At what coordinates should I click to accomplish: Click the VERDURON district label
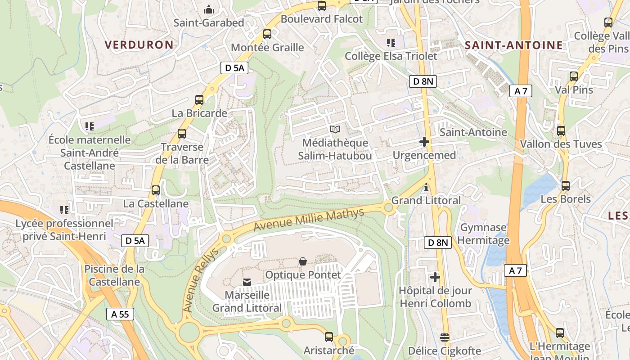(139, 45)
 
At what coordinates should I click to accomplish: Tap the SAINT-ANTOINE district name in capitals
(513, 45)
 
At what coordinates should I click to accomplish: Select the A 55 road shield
(120, 314)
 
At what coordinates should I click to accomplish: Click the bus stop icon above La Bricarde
(199, 100)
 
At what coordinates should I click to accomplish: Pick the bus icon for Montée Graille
(267, 34)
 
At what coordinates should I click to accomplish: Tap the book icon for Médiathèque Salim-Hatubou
(335, 130)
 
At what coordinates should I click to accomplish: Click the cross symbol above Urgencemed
(424, 142)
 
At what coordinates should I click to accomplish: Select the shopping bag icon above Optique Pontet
(303, 261)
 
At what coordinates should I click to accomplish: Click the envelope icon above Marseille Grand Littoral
(247, 282)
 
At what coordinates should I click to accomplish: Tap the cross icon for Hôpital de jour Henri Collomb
(435, 277)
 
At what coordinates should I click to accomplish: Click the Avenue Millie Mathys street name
(309, 220)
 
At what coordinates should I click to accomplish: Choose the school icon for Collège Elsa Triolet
(391, 43)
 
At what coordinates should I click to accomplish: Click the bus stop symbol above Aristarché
(329, 337)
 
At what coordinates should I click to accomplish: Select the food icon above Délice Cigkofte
(444, 337)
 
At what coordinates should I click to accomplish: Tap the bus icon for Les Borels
(566, 185)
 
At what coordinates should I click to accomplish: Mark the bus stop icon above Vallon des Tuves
(561, 131)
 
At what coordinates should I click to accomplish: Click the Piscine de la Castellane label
(114, 275)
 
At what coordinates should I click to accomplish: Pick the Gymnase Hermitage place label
(483, 234)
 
